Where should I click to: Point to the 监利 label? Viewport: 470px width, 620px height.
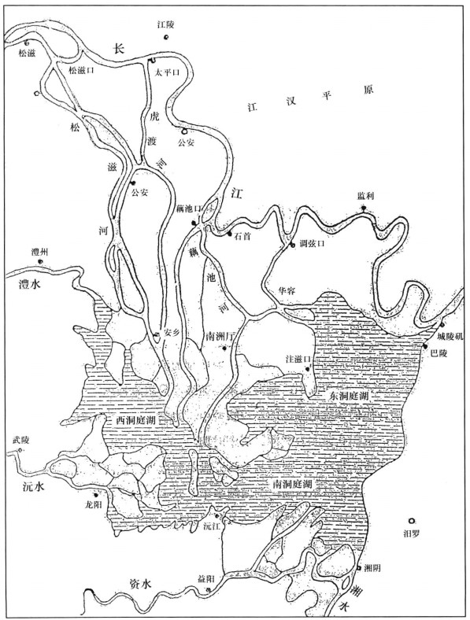(x=365, y=196)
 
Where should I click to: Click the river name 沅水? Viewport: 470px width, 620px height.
(x=29, y=488)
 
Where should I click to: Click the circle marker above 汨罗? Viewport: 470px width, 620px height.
(x=412, y=521)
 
